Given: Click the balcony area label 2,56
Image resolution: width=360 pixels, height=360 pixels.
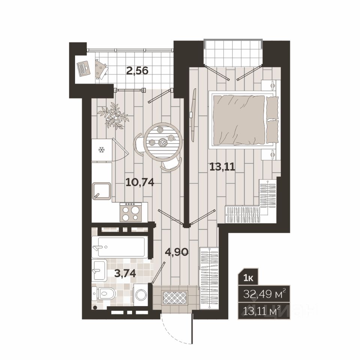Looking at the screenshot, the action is [x=137, y=71].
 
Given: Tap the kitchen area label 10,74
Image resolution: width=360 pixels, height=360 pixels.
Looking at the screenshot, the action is [x=140, y=183].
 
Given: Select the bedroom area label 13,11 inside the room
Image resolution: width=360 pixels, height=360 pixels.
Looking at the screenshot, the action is [x=222, y=166].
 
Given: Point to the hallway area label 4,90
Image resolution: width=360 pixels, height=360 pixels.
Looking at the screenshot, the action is [x=177, y=252].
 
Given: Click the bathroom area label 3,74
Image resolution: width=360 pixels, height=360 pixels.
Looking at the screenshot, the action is [x=125, y=273].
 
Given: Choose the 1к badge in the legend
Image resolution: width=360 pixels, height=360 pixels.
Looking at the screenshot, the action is [x=248, y=278].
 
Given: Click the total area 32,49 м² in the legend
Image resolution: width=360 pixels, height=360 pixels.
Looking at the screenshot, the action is [x=264, y=293].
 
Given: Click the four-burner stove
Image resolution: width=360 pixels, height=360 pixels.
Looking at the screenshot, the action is [x=130, y=212].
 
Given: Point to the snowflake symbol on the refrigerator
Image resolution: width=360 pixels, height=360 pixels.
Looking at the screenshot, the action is [x=102, y=150].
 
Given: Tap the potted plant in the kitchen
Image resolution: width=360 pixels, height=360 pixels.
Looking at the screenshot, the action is [x=113, y=116].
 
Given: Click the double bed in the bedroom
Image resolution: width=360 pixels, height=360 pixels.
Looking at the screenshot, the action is [x=244, y=120].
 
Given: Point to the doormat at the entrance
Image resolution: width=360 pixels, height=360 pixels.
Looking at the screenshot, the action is [x=175, y=297].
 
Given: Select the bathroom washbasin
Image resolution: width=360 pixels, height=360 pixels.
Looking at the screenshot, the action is [x=99, y=270].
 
